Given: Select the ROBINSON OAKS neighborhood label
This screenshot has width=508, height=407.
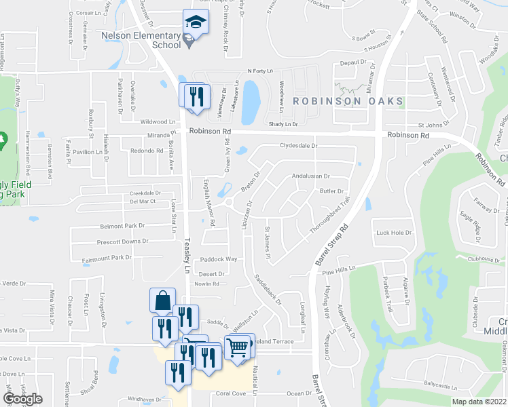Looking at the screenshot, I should [348, 101].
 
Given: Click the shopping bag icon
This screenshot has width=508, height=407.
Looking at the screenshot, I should [163, 301].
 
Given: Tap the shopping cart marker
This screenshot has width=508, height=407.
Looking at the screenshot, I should [238, 347].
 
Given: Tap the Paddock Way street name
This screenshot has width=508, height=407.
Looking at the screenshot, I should [217, 259].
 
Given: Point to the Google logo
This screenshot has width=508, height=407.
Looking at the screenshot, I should [22, 399].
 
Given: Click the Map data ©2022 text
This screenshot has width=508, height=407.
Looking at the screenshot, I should [479, 402].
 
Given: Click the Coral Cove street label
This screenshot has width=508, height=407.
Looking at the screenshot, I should [230, 393].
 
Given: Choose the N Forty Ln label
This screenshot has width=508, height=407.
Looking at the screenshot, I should [259, 71].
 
